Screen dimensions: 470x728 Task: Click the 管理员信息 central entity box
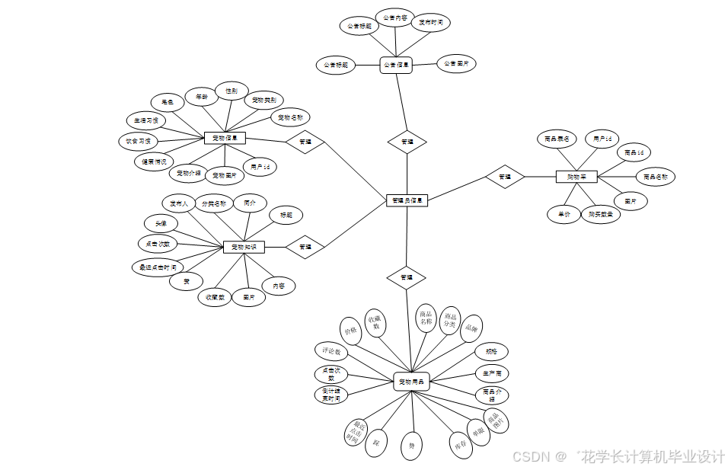[407, 200]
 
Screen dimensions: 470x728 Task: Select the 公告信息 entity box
[396, 66]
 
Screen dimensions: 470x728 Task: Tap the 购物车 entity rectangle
[576, 177]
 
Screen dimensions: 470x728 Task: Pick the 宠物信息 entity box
[225, 138]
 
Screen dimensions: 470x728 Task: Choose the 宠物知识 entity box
[244, 247]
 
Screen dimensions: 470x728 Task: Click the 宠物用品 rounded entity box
[412, 381]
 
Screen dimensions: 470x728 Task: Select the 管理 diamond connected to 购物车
[505, 177]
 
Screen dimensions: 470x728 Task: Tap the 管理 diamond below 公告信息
[407, 142]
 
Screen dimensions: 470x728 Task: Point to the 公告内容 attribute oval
[395, 18]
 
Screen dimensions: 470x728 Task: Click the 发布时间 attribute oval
[431, 23]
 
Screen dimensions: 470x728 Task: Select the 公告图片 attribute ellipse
[457, 64]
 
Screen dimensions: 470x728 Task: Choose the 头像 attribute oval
[161, 223]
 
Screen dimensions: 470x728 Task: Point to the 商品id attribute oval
[634, 152]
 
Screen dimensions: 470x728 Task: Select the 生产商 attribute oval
[491, 374]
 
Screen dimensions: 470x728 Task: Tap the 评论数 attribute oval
[331, 352]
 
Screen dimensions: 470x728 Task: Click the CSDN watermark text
[532, 456]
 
